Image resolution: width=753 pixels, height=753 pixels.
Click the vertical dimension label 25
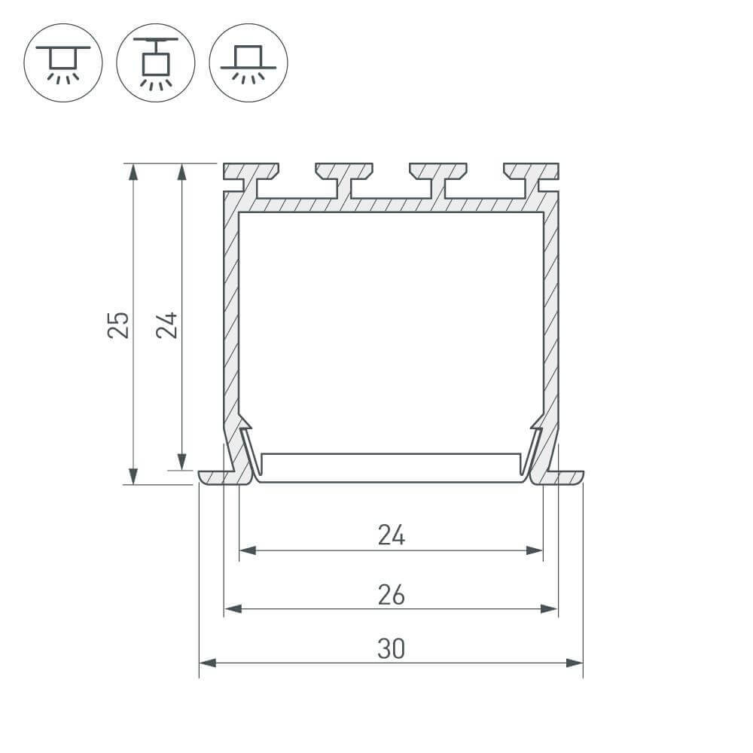[x=118, y=324]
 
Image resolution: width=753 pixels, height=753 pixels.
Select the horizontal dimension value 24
[x=392, y=535]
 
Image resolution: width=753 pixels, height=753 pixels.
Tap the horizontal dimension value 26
[x=392, y=595]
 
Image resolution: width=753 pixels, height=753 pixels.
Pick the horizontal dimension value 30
[x=392, y=648]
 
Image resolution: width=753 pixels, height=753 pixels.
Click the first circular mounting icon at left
[x=63, y=62]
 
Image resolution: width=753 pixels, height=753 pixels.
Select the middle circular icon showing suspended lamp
[x=156, y=62]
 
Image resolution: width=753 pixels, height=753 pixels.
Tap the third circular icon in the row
[x=248, y=62]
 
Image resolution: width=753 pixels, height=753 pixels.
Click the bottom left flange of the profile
[x=215, y=477]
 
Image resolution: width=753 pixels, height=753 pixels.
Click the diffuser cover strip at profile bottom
[x=392, y=467]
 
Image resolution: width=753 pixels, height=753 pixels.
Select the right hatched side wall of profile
[x=551, y=316]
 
